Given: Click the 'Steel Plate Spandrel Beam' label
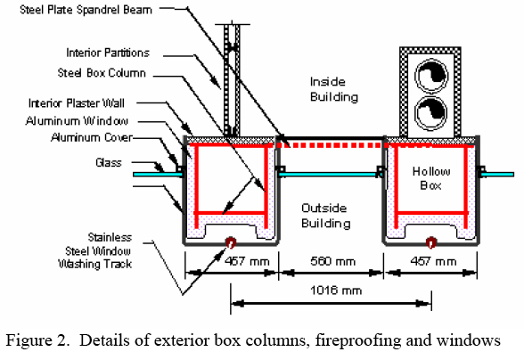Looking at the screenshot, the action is pyautogui.click(x=86, y=10).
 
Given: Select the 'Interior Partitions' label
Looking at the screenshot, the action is pyautogui.click(x=108, y=53).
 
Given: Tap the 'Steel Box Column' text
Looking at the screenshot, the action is pyautogui.click(x=102, y=73).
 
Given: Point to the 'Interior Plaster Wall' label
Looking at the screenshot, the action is pyautogui.click(x=77, y=103).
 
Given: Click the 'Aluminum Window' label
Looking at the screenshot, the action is pyautogui.click(x=77, y=120).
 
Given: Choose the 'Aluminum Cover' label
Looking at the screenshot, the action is pyautogui.click(x=92, y=137).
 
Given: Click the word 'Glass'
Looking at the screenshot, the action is pyautogui.click(x=109, y=162).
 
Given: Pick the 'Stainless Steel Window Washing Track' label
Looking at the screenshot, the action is pyautogui.click(x=94, y=250).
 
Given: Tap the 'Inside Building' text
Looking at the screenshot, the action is pyautogui.click(x=334, y=89).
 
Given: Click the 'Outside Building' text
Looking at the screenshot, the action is pyautogui.click(x=326, y=216).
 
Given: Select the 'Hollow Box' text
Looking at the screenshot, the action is pyautogui.click(x=431, y=178).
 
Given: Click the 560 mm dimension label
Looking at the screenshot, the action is pyautogui.click(x=333, y=261).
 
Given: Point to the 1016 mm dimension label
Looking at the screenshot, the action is pyautogui.click(x=336, y=290).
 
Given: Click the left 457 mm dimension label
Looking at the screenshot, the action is pyautogui.click(x=247, y=261).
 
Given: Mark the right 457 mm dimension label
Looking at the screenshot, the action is pyautogui.click(x=433, y=261).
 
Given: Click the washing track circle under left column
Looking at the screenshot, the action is pyautogui.click(x=231, y=242).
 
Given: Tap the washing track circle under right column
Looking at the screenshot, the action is pyautogui.click(x=431, y=242).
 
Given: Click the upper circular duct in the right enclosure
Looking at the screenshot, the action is pyautogui.click(x=431, y=76).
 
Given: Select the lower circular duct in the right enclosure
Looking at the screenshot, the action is pyautogui.click(x=431, y=113).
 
